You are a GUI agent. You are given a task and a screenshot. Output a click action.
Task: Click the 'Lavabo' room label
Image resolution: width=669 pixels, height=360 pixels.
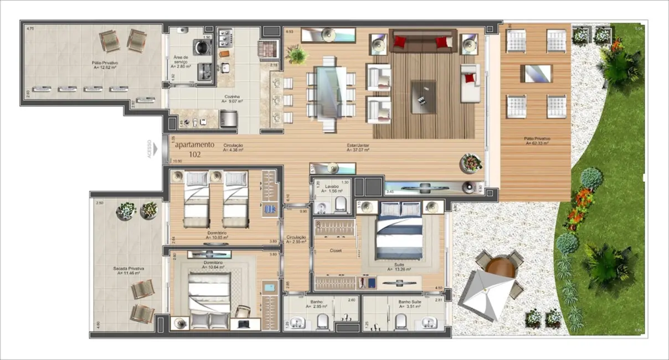(x=332, y=187)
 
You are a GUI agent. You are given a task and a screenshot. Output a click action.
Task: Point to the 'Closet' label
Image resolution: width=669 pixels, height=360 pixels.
(x=335, y=250)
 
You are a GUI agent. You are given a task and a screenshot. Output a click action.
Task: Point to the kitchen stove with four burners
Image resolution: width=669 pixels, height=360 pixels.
(x=227, y=38)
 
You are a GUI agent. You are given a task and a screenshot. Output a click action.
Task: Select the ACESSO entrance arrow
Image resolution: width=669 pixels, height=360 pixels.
(x=156, y=149)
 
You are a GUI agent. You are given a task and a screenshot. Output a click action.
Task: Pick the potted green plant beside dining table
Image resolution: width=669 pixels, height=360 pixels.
(x=297, y=54)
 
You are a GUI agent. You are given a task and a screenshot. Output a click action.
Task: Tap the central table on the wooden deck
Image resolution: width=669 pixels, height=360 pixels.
(x=536, y=73)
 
